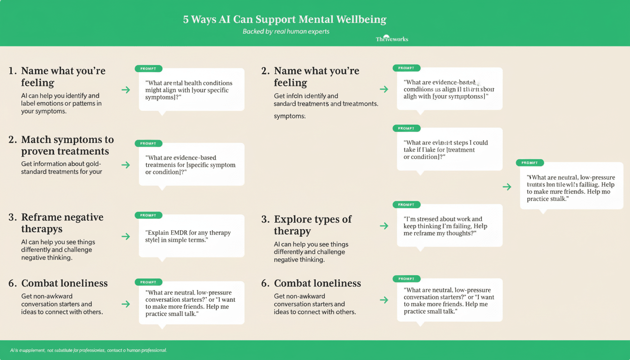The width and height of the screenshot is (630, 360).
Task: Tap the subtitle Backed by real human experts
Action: click(x=285, y=31)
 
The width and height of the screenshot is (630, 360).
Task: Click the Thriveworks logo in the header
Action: click(x=392, y=38)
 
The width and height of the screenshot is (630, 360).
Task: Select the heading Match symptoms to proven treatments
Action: click(x=67, y=145)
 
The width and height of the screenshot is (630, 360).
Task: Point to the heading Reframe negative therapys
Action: click(x=62, y=223)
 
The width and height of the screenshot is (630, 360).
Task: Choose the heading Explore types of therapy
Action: click(x=313, y=225)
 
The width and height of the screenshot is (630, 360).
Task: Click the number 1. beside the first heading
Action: click(x=13, y=71)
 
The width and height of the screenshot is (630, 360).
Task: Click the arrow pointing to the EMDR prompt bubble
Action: click(x=126, y=236)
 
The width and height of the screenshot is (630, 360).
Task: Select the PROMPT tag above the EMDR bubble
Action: click(x=148, y=215)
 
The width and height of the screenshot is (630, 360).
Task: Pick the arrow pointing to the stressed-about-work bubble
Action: click(x=384, y=226)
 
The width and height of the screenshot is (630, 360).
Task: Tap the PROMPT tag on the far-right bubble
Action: click(x=530, y=163)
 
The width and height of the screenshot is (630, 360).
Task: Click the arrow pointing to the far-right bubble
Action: click(x=507, y=187)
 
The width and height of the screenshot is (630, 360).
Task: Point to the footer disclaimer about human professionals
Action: click(x=89, y=350)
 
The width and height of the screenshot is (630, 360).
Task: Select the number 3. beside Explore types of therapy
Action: click(x=265, y=219)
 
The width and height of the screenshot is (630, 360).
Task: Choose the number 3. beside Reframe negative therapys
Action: click(x=13, y=217)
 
